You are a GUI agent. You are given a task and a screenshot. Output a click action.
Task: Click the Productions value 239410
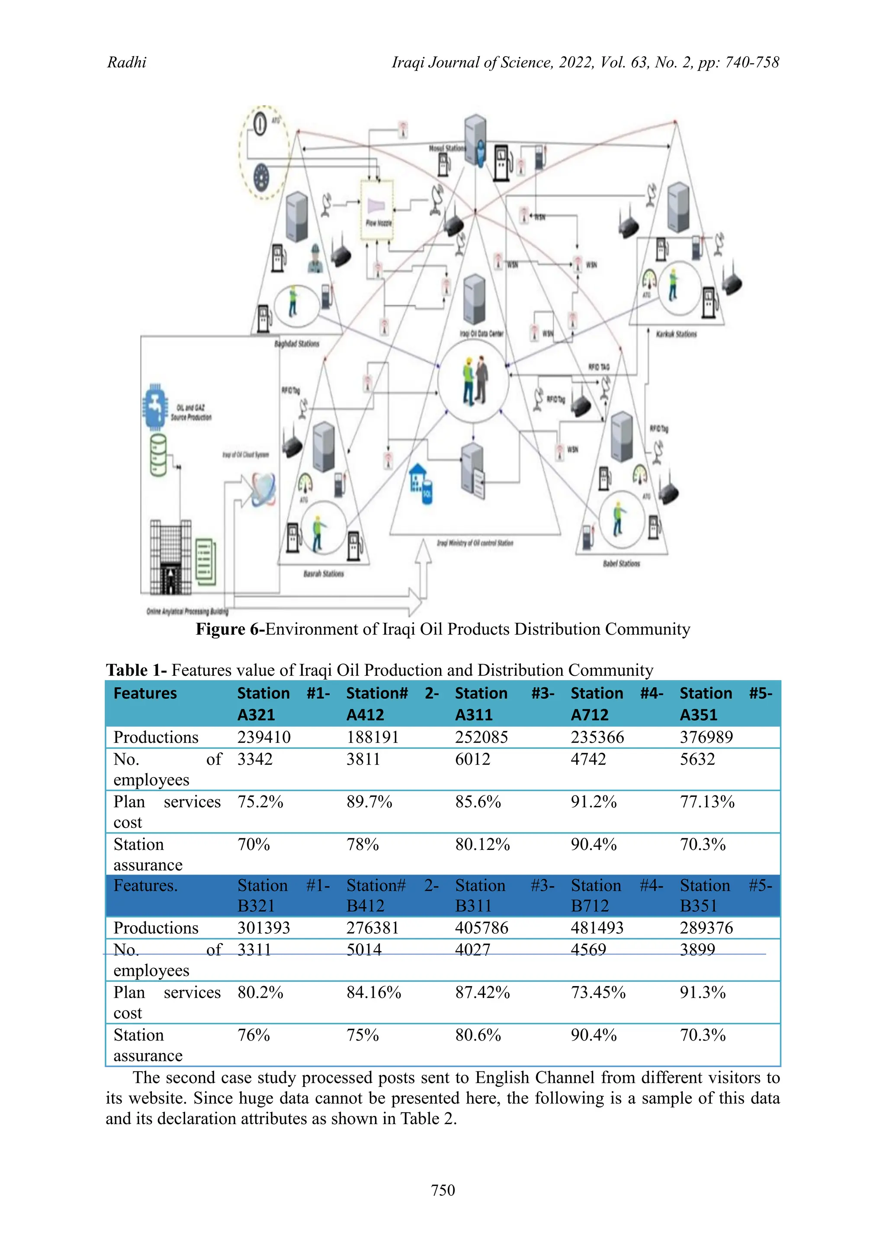point(263,737)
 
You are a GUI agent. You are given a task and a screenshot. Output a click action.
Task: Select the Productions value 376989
point(706,737)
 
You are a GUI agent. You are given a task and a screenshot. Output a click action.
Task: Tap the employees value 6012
point(472,759)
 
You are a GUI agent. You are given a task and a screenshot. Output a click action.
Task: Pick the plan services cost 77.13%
point(707,802)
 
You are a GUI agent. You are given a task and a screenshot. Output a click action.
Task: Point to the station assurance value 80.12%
point(482,845)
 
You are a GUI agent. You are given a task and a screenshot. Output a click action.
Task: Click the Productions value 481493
point(597,928)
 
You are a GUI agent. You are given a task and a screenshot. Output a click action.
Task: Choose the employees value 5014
point(364,949)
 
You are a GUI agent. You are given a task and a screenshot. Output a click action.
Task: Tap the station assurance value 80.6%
point(478,1035)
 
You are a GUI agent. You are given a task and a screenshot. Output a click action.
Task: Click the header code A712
point(589,715)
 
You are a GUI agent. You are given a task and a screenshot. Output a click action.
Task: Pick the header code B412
point(365,906)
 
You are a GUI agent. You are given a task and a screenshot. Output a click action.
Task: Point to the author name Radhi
point(127,63)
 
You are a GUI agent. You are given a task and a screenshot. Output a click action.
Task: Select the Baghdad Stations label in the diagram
point(296,344)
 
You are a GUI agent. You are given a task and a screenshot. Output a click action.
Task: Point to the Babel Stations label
point(621,563)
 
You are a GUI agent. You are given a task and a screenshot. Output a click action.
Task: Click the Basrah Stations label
point(324,574)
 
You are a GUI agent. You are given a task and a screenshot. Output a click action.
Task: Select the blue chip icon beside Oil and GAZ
point(155,406)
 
